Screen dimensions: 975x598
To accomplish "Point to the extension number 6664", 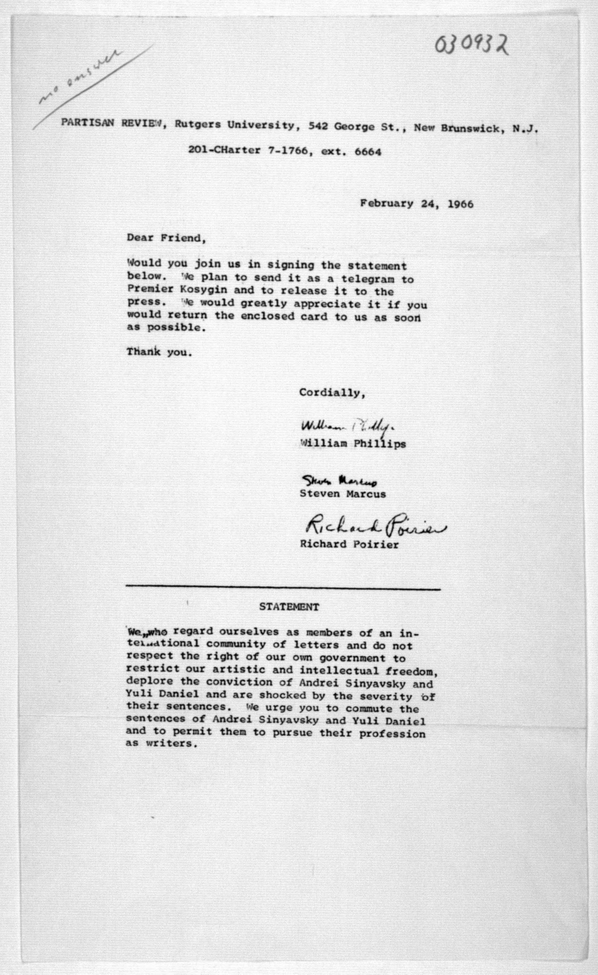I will (368, 152).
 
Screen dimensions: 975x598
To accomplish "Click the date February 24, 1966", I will (416, 204).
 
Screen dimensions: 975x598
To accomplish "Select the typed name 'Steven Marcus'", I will (342, 494).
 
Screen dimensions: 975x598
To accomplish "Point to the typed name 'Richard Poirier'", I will (349, 544).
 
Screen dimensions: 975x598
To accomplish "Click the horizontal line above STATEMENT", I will (283, 590).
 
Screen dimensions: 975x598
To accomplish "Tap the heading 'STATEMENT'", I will (289, 607).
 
